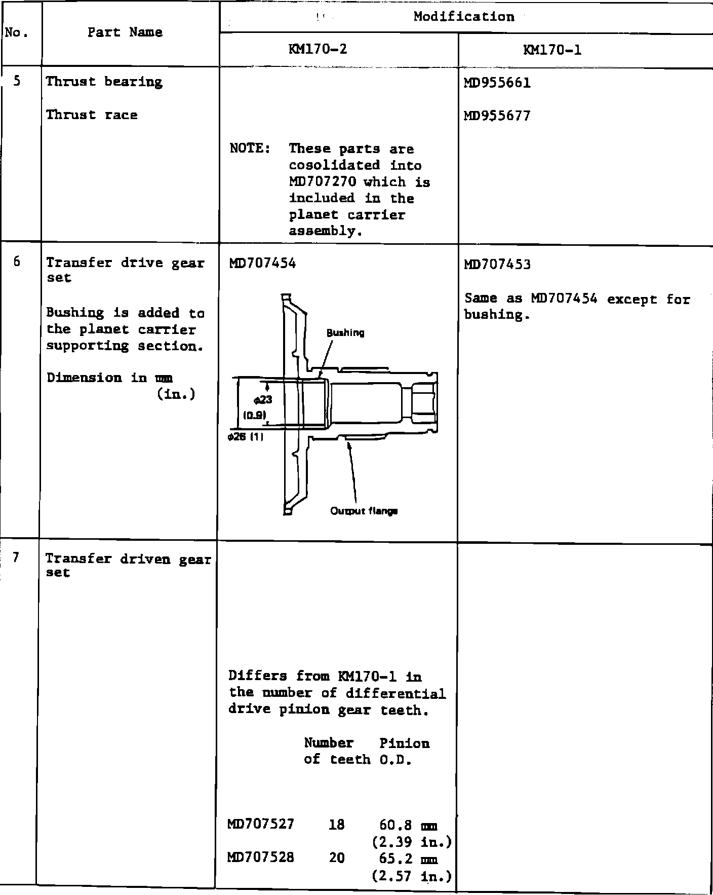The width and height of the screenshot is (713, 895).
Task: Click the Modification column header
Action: click(463, 17)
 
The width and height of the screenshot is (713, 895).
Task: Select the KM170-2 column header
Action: click(318, 49)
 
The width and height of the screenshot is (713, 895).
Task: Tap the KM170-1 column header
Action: click(552, 50)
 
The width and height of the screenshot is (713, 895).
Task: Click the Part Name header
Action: click(125, 32)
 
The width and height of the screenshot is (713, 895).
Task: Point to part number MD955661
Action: click(497, 83)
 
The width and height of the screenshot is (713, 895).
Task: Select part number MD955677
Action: click(497, 116)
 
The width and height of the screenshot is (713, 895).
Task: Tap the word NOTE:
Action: click(250, 148)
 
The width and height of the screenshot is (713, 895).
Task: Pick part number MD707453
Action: click(497, 264)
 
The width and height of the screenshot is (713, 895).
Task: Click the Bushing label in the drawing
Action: click(345, 333)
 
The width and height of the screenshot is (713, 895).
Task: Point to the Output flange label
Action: click(364, 511)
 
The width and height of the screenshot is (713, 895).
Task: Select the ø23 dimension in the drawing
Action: click(263, 400)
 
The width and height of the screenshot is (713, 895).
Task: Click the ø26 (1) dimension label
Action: click(246, 437)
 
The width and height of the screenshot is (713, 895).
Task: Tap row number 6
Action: click(17, 262)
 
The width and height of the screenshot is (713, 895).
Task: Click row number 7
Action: click(16, 557)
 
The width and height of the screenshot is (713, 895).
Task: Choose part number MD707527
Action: click(261, 824)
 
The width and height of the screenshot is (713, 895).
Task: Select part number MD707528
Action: click(261, 857)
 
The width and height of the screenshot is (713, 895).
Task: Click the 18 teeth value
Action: click(336, 825)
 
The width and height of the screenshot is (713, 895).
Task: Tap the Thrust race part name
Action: click(92, 115)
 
